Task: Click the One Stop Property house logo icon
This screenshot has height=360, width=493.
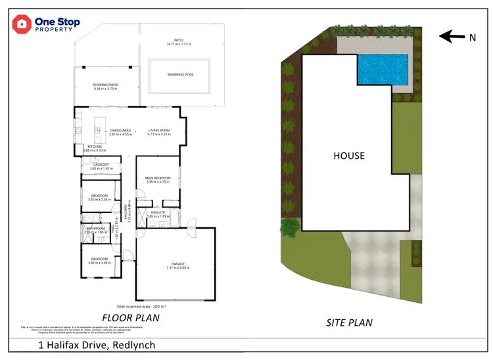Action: pos(22,25)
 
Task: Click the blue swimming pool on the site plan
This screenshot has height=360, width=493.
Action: pos(383,68)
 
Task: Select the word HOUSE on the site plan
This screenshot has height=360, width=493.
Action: pos(348,156)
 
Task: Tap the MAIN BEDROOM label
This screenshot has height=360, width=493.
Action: pos(158,178)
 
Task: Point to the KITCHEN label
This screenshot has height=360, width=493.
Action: pos(95,146)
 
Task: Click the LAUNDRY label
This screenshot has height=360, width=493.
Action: pos(101,165)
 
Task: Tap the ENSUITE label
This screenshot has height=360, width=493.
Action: pos(158,212)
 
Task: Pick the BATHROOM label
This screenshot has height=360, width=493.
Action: pos(95,229)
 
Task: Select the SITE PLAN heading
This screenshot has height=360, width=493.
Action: pos(349,323)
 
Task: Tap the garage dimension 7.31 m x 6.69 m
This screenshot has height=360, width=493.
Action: pos(175,268)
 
